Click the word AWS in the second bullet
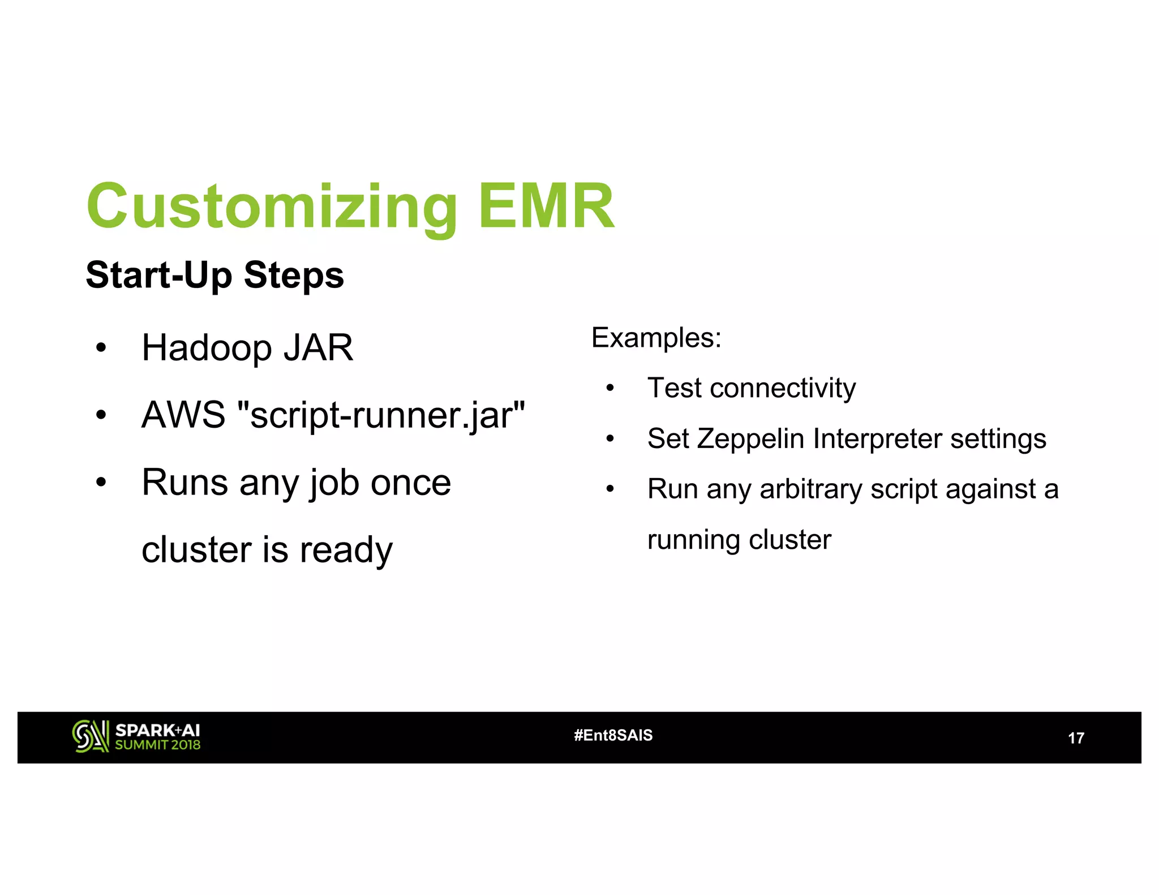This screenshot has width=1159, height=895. point(183,415)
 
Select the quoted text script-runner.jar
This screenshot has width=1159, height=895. point(381,416)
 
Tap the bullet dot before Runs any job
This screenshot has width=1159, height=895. point(101,483)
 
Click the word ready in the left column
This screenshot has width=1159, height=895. point(346,550)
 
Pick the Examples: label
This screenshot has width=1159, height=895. point(656,338)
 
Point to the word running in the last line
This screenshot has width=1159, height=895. point(694,540)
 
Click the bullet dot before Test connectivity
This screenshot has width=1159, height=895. point(609,389)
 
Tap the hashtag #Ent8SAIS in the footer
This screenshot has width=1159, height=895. point(613,735)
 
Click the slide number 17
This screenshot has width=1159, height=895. point(1075,738)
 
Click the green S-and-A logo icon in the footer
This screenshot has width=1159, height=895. point(91,736)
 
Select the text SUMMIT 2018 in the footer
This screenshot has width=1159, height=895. point(157,745)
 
